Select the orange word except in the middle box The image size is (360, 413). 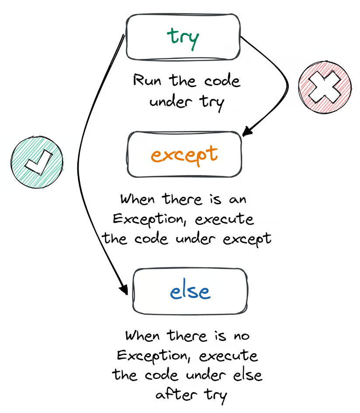(184, 155)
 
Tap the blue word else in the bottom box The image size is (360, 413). (190, 292)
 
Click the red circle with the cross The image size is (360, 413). (324, 90)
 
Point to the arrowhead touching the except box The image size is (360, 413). (247, 131)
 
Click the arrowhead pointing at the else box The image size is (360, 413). (123, 289)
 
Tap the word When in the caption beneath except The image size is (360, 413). (137, 200)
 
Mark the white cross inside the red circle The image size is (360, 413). (324, 90)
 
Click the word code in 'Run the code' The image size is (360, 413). (223, 81)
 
